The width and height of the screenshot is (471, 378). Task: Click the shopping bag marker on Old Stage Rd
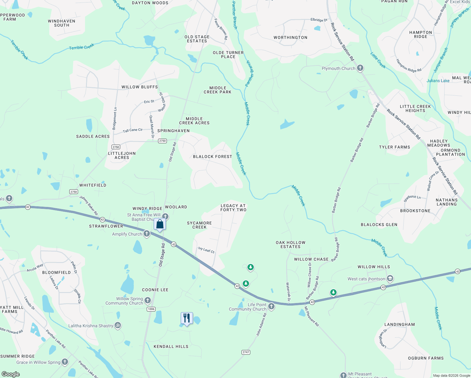tap(160, 224)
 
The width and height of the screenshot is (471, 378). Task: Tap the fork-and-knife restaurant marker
tap(187, 318)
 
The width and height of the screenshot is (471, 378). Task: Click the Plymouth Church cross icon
tap(360, 68)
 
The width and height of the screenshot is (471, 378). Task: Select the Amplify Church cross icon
tap(147, 234)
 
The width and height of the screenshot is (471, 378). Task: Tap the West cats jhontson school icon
tap(390, 278)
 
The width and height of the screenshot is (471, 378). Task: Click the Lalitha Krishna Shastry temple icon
tap(118, 325)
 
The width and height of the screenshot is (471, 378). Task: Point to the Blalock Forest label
tap(213, 157)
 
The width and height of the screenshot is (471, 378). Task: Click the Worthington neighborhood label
tap(290, 37)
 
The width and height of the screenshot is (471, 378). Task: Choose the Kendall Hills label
tap(171, 346)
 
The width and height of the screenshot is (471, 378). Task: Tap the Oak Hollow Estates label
tap(291, 245)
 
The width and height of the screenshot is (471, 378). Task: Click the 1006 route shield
tap(151, 309)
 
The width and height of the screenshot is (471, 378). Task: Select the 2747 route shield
tap(246, 352)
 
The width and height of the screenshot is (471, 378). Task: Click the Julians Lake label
tap(438, 81)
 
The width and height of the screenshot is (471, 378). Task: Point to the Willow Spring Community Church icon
tap(148, 301)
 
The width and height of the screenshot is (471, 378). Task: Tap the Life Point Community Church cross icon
tap(271, 306)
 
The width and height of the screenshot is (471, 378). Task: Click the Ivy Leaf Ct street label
tap(206, 250)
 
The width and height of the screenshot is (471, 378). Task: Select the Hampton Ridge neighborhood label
tap(421, 35)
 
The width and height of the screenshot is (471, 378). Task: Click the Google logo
tap(11, 374)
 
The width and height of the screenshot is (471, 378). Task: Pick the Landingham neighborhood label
tap(400, 324)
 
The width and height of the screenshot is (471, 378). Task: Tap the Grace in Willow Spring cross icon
tap(65, 362)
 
